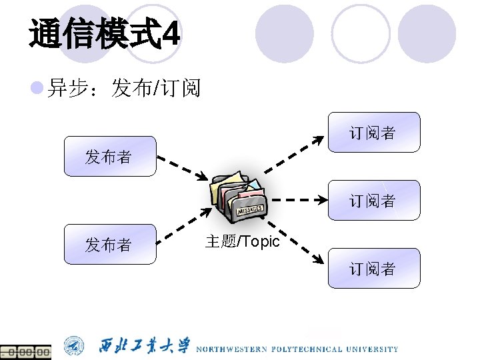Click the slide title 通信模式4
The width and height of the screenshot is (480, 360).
103,33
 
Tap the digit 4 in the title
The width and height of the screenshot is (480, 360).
171,34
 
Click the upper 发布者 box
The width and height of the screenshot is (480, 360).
109,157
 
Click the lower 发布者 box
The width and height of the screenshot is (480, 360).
109,245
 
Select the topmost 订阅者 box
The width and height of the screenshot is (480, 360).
374,133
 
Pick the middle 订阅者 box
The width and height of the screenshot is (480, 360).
374,200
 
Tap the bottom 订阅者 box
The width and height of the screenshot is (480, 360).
374,268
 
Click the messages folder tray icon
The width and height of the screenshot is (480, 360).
239,196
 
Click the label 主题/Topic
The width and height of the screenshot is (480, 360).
242,241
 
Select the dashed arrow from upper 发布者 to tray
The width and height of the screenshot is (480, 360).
181,168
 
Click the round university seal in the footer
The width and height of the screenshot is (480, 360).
74,346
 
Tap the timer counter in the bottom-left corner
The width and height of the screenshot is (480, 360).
25,351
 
